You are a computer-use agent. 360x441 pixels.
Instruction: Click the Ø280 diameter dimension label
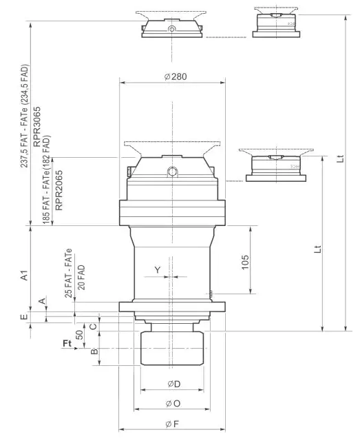click(176, 76)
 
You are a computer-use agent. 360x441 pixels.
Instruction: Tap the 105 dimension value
click(246, 262)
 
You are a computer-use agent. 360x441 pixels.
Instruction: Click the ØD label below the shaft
click(173, 383)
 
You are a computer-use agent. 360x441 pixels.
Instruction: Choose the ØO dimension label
click(173, 403)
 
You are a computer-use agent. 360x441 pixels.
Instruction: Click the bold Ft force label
click(67, 342)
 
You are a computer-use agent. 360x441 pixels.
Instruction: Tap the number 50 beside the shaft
click(79, 336)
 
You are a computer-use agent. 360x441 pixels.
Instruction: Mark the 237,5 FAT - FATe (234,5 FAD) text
click(25, 117)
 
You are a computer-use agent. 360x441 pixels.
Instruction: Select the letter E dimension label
click(23, 317)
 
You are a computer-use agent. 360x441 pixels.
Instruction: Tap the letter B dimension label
click(95, 351)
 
